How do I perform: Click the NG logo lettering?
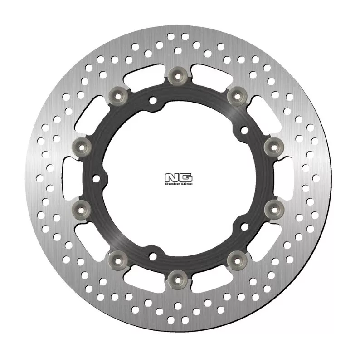pyautogui.click(x=178, y=177)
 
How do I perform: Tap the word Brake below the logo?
pyautogui.click(x=170, y=184)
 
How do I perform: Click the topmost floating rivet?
pyautogui.click(x=178, y=76)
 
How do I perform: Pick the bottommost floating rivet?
pyautogui.click(x=178, y=280)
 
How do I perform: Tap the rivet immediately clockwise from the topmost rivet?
pyautogui.click(x=238, y=96)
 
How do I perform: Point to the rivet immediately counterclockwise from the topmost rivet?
pyautogui.click(x=118, y=96)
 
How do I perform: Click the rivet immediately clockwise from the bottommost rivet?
pyautogui.click(x=118, y=260)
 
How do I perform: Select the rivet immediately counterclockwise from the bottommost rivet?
pyautogui.click(x=238, y=260)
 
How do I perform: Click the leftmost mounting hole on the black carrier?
pyautogui.click(x=96, y=178)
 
